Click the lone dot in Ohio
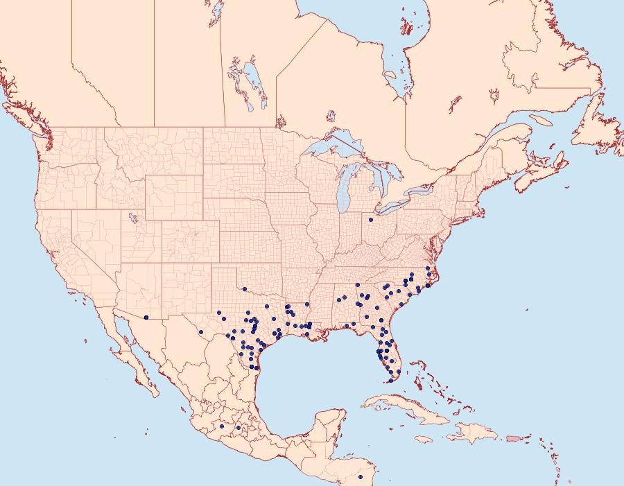[371, 220]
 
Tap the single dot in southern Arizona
[146, 318]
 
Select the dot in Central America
[361, 477]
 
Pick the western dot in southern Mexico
[221, 426]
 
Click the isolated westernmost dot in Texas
[200, 332]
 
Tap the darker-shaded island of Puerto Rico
[513, 437]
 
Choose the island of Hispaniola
[471, 433]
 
